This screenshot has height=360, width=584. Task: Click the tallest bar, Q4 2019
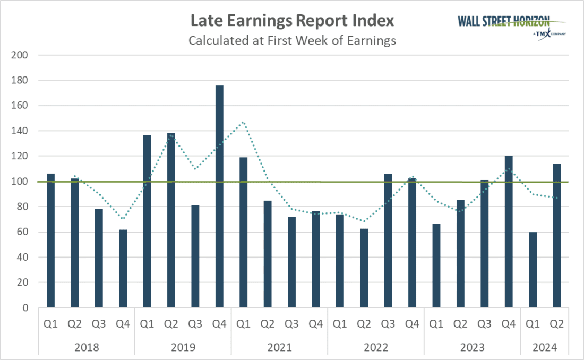219,196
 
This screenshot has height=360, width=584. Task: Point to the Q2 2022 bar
364,268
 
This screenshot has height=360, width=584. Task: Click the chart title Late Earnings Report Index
292,21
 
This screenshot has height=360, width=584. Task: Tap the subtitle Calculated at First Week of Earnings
292,40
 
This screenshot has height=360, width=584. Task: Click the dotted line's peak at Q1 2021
243,122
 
